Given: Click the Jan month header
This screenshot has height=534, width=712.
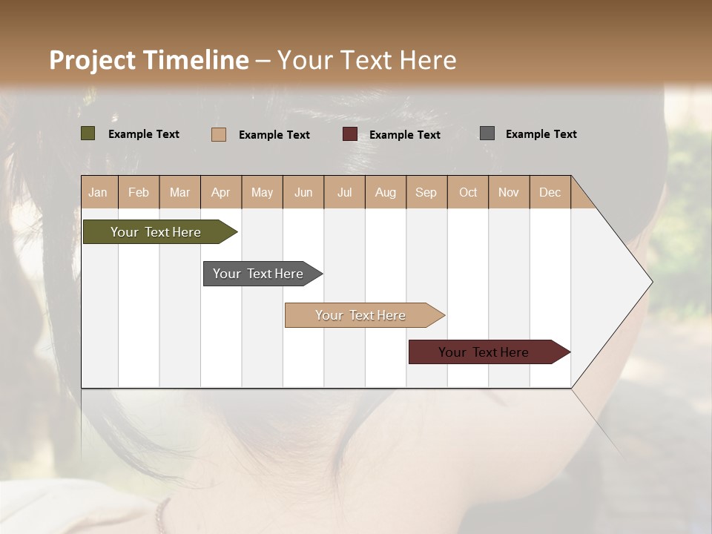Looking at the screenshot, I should pos(99,192).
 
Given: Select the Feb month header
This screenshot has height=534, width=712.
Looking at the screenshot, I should pos(139,192).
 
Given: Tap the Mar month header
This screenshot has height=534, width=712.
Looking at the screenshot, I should pos(179,192).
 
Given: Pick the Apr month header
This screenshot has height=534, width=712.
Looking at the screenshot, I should pos(221,192).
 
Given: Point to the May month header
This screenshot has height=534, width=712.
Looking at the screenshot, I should pos(262,192).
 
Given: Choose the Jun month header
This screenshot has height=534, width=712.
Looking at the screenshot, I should pos(303,192).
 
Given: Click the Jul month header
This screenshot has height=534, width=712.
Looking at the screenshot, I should pos(344,192).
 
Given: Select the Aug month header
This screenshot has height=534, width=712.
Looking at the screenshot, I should pos(386,192).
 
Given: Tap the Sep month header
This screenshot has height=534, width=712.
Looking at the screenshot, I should pos(426,192).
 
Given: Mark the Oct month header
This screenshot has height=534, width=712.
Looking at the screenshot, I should pos(468,192).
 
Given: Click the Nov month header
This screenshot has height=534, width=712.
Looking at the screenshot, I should pos(509,192).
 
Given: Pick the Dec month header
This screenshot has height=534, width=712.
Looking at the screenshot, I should pos(550,192).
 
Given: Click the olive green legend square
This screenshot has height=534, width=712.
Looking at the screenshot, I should pos(88,133).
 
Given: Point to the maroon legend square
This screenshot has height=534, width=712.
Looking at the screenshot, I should pos(350,134).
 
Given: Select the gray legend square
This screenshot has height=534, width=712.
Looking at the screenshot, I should pos(487,133).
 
